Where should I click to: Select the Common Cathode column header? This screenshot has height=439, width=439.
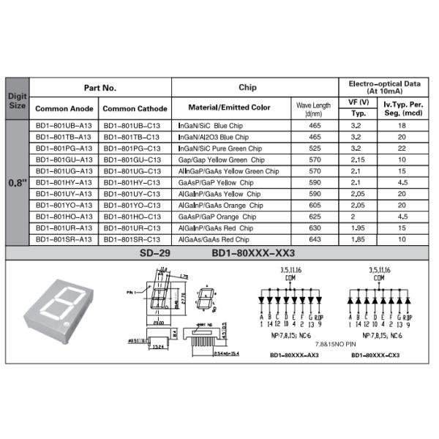[135, 108]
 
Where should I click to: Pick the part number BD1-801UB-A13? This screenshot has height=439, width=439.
[64, 126]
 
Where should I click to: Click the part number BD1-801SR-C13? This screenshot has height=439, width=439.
[132, 239]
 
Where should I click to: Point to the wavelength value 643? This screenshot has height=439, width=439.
[315, 239]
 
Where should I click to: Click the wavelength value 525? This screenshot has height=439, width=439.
[315, 149]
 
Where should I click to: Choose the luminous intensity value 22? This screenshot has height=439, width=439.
[402, 149]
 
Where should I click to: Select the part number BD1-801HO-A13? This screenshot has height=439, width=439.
[64, 217]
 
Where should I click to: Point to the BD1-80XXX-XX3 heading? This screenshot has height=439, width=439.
[252, 253]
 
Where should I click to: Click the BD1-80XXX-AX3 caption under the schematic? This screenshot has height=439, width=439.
[289, 356]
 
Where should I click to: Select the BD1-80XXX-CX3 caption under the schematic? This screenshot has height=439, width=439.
[375, 356]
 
